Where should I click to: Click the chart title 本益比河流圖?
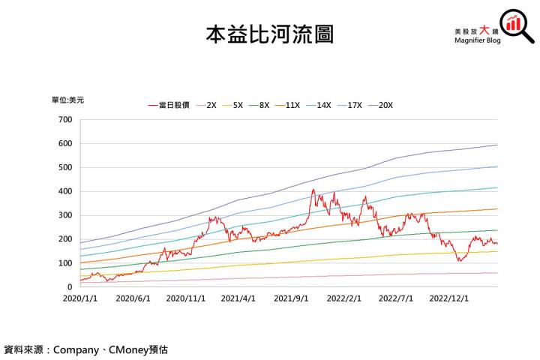point(269,34)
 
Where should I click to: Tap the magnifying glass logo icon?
point(516,27)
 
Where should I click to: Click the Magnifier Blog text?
point(477,42)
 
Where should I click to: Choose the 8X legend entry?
point(259,106)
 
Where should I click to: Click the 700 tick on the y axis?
point(65,120)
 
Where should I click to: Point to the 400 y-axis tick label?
point(65,191)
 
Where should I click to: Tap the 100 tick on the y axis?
point(65,263)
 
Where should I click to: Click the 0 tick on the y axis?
point(70,287)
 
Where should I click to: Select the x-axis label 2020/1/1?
point(79,298)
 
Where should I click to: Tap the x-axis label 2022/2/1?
point(343,298)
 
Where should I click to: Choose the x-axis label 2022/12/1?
point(449,298)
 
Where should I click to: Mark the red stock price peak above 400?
point(313,190)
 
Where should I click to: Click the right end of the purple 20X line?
point(496,145)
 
